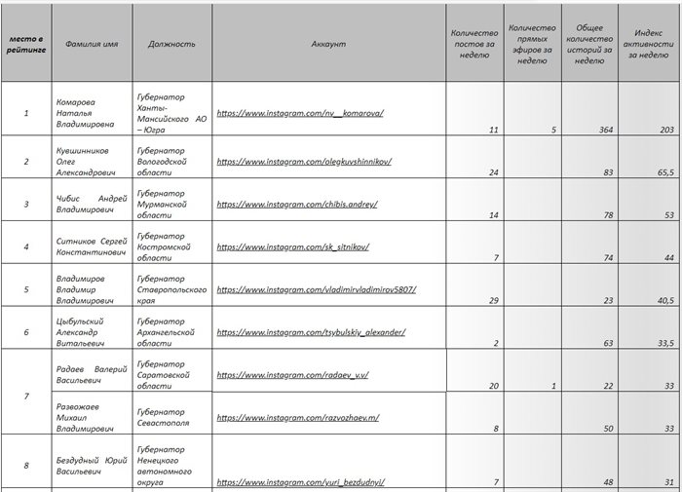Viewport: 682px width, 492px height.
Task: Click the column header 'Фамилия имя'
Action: [x=92, y=44]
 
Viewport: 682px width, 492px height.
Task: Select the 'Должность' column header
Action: [x=171, y=44]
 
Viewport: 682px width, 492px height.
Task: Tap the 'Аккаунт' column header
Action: [x=329, y=44]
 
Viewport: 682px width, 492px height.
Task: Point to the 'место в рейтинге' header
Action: [x=26, y=44]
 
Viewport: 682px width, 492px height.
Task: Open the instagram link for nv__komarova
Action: [x=300, y=113]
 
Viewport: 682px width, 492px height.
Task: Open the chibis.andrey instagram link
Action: [x=296, y=205]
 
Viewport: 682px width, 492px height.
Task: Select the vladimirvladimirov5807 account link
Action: [x=316, y=289]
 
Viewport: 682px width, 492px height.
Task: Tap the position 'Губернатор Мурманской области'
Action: [x=171, y=204]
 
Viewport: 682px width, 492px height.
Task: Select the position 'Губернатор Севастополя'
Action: [x=171, y=418]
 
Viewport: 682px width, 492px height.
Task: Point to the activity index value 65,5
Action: [x=665, y=171]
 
